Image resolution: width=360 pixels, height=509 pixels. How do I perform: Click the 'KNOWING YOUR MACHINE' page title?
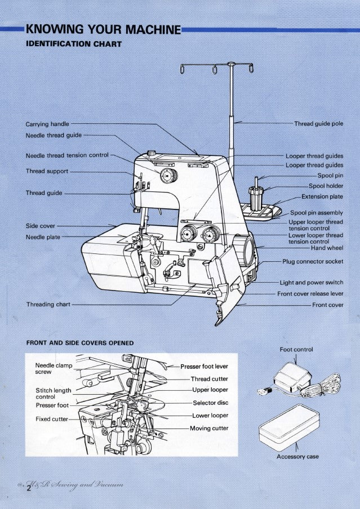pos(103,29)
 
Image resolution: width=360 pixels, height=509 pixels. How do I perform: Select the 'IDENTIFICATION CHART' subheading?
pos(74,44)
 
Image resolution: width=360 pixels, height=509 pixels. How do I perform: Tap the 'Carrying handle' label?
pos(47,124)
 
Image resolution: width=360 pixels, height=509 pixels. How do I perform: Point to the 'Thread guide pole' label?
pos(318,124)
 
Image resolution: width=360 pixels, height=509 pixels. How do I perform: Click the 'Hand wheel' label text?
pos(327,248)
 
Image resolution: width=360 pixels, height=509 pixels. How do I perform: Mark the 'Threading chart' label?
pos(48,305)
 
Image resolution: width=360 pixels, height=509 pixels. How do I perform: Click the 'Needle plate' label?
pos(43,237)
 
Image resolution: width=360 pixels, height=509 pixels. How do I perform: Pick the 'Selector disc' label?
pos(210,403)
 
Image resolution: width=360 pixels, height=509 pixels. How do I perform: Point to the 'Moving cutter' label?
pos(208,428)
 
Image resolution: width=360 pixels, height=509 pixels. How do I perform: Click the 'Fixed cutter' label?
pos(52,419)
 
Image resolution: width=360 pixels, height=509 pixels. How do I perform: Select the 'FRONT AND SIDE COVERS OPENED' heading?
pos(80,342)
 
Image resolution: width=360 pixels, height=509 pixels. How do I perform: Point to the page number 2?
pos(28,489)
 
